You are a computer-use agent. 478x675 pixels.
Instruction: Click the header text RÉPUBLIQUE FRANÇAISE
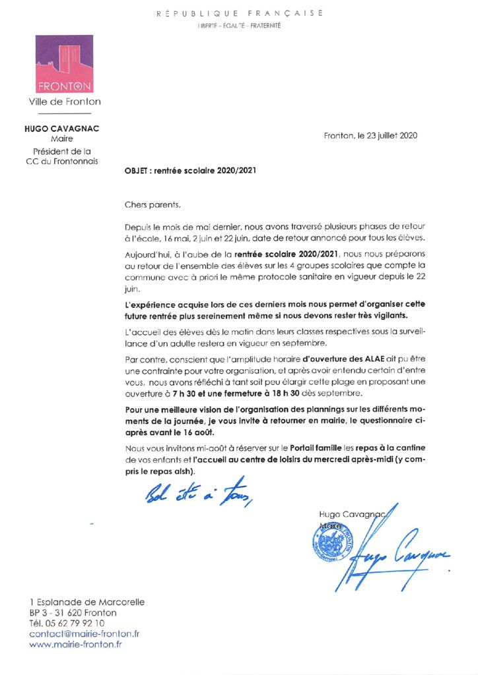(239, 13)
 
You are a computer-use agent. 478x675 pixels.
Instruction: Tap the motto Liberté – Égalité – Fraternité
(239, 25)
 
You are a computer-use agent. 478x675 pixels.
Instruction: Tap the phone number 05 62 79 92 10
(73, 623)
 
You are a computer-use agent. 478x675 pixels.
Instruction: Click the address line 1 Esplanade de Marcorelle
(86, 602)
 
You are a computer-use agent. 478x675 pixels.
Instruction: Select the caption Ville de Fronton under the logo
(65, 102)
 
